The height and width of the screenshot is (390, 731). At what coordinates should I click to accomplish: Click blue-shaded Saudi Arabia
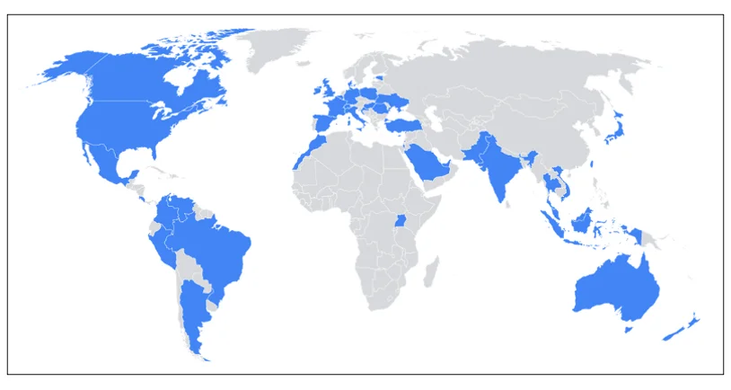coord(427,163)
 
